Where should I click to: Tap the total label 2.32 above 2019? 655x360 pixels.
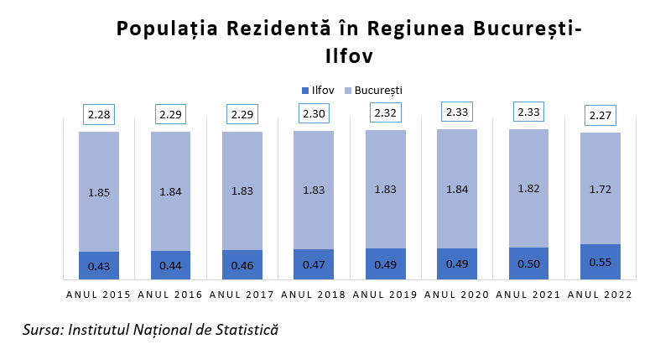(385, 112)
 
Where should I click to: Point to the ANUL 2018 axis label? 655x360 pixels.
(314, 295)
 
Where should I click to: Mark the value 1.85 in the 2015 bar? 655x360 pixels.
(99, 192)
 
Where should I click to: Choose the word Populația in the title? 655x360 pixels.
(164, 29)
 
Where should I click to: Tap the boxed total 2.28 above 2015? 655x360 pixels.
(99, 114)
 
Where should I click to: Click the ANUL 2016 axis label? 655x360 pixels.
(170, 295)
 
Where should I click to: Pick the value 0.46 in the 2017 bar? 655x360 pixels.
(242, 264)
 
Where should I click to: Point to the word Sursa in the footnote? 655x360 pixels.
(40, 330)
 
